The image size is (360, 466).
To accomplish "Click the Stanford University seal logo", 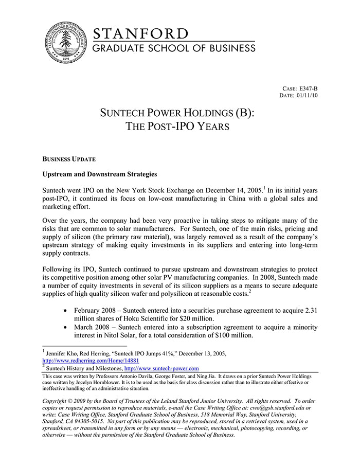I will coord(65,43).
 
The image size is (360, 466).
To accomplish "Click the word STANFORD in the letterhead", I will coord(140,34).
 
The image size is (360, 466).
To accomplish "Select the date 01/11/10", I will coord(308,96).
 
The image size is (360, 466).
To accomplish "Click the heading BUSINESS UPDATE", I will coord(69,159).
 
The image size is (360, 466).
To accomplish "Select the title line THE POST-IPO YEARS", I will coord(177,127).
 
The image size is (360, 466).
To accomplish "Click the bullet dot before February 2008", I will coord(65,312).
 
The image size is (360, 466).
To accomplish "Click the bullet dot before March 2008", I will coord(65,328).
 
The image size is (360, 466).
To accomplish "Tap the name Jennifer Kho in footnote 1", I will coord(64,354).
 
